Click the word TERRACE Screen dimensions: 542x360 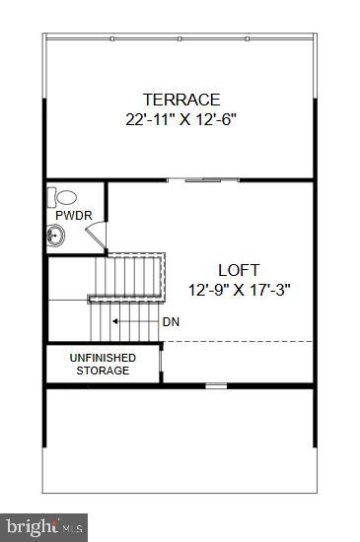click(181, 100)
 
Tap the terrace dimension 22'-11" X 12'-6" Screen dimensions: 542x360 click(181, 120)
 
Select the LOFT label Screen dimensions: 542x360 click(239, 269)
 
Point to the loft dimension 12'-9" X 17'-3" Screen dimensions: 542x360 click(239, 290)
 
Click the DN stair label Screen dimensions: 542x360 click(170, 321)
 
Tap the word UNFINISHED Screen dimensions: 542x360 click(103, 357)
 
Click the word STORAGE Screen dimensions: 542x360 click(103, 371)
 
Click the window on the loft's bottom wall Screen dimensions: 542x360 click(216, 384)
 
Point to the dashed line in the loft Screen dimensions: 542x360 click(237, 342)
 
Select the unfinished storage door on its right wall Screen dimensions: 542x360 click(161, 363)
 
